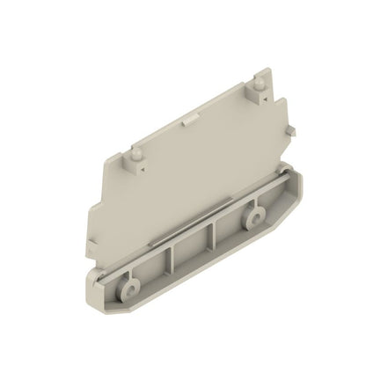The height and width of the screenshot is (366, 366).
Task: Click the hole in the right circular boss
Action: coord(257,216)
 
